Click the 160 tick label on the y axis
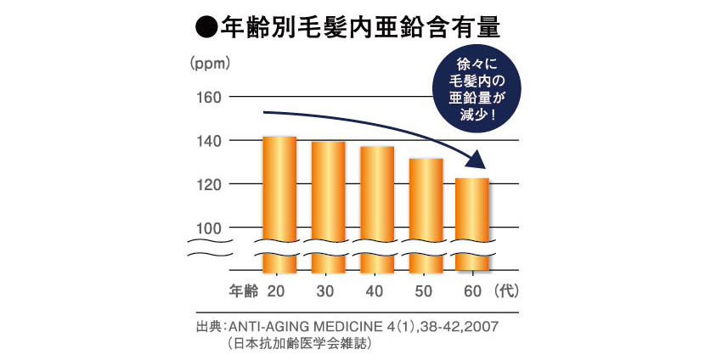point(207,97)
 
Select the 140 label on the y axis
point(207,141)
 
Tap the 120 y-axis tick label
point(207,184)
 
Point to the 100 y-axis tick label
point(207,228)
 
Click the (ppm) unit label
point(209,63)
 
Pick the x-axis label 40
point(374,290)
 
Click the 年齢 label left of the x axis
point(244,290)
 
